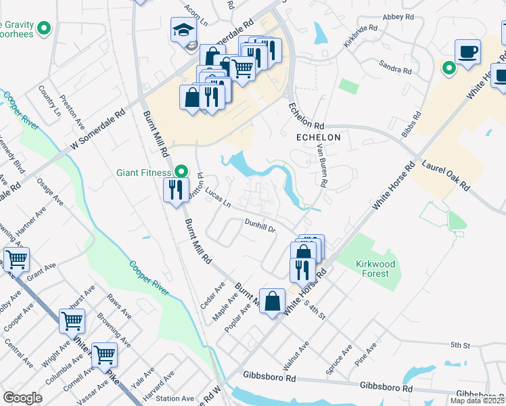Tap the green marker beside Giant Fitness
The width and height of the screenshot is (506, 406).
[x=180, y=172]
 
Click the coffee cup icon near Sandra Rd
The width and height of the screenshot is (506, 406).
[x=468, y=51]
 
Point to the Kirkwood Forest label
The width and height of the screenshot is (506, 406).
[x=373, y=269]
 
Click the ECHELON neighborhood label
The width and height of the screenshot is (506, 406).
[x=318, y=137]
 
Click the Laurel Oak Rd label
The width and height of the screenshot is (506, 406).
[x=446, y=174]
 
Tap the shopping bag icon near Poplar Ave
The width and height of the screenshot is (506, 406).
[x=272, y=301]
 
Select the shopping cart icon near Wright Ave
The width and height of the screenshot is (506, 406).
[x=72, y=321]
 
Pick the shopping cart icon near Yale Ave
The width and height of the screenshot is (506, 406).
[x=103, y=354]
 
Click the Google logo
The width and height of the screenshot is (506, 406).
[x=22, y=397]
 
